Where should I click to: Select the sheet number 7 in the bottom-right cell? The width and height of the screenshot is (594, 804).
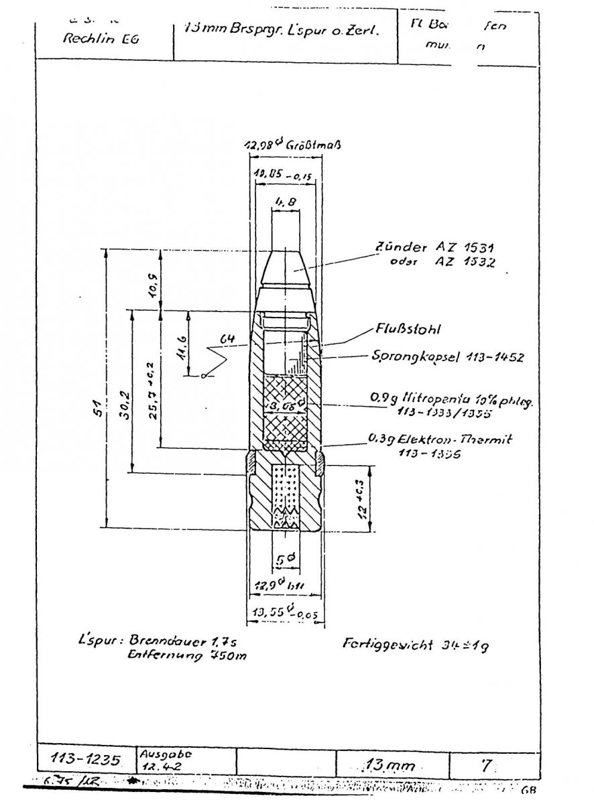click(x=481, y=764)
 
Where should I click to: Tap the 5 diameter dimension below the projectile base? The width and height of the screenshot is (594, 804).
click(x=284, y=557)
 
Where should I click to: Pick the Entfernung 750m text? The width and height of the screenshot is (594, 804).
click(x=187, y=657)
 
